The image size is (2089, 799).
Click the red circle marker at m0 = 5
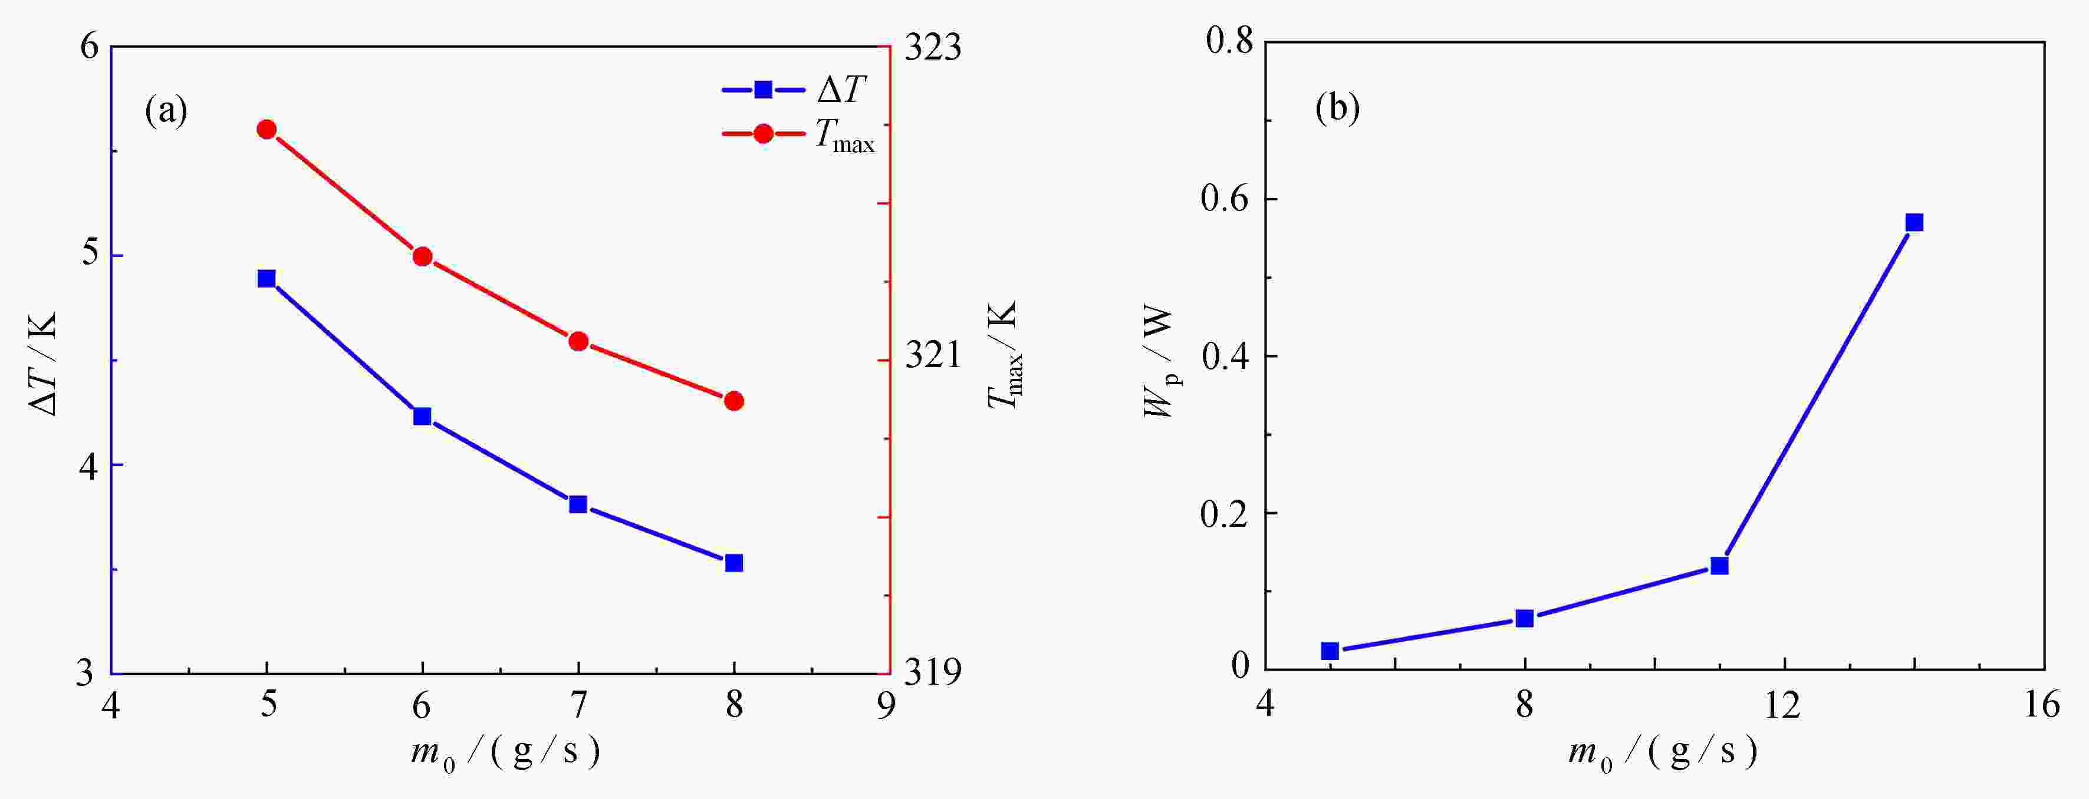(x=267, y=130)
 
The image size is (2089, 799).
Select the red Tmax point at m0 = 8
(x=734, y=401)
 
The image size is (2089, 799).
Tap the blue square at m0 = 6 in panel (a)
(x=422, y=417)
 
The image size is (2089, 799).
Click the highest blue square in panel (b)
(x=1914, y=223)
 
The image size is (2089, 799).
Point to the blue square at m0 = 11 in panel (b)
(x=1719, y=566)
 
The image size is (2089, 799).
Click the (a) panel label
(x=166, y=111)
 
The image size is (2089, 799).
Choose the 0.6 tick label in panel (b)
(x=1226, y=199)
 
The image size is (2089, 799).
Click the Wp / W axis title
(x=1160, y=362)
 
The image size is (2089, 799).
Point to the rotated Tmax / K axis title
(x=1004, y=356)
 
